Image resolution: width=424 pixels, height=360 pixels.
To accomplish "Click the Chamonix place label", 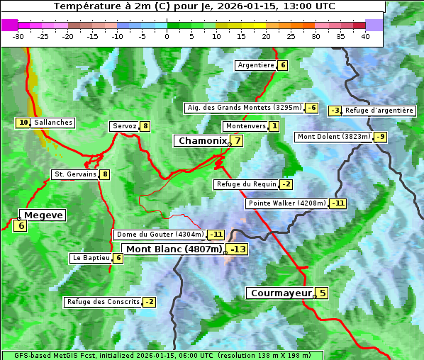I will [x=202, y=141].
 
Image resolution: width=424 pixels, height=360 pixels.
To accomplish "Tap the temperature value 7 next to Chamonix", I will [x=238, y=140].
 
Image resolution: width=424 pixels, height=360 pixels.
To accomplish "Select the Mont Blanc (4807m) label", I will [x=174, y=249].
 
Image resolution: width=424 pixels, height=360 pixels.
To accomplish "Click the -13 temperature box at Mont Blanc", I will [x=238, y=249].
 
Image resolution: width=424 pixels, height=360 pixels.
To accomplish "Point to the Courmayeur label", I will [x=281, y=293].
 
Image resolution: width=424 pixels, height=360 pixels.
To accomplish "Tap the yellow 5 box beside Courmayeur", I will [x=322, y=293].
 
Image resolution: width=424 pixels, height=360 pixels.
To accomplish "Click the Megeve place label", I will [x=44, y=215].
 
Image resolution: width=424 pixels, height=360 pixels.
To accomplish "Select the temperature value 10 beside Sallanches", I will [x=23, y=123].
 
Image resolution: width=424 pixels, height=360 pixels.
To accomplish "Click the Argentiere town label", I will [x=256, y=65].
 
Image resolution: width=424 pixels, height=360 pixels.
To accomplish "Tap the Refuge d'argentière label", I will [x=379, y=111].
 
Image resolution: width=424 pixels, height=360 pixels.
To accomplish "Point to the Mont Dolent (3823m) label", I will [x=334, y=137].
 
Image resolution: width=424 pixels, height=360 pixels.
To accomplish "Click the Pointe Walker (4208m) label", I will [x=286, y=203].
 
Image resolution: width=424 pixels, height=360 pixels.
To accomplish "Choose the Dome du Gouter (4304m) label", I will [x=160, y=235].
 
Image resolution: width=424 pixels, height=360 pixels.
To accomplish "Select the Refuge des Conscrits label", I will [x=103, y=302].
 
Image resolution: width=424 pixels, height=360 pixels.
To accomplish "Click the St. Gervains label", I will [x=74, y=174].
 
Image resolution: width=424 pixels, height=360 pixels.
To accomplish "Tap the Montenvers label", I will [x=245, y=126].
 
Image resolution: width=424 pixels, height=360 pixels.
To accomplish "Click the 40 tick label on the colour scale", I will [x=365, y=36].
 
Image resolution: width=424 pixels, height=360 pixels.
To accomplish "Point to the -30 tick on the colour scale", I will [x=18, y=36].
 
